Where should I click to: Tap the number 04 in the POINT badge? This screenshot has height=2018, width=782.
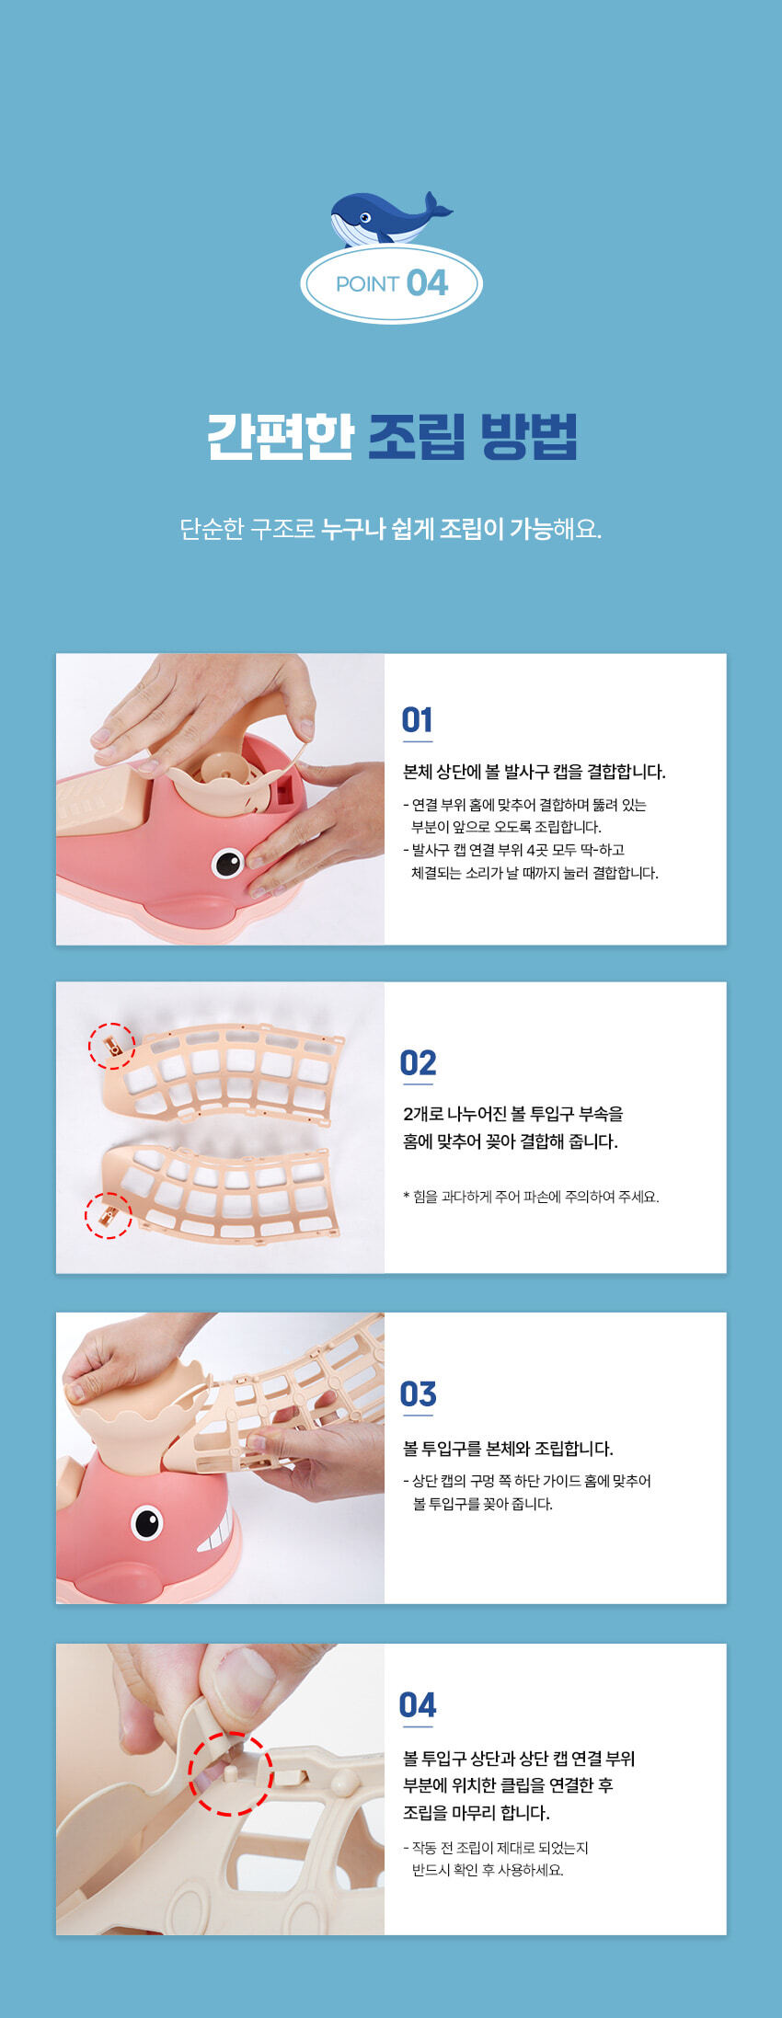click(x=427, y=282)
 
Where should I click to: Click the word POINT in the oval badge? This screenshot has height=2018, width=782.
click(x=367, y=283)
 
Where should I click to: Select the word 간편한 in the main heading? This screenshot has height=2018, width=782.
click(x=281, y=436)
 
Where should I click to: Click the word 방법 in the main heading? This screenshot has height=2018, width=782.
click(x=528, y=436)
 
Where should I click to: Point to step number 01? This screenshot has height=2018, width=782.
click(x=417, y=719)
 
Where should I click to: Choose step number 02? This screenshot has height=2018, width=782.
click(x=418, y=1063)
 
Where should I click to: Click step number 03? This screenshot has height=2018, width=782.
click(x=418, y=1394)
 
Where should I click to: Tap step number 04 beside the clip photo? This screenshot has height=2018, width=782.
click(x=418, y=1705)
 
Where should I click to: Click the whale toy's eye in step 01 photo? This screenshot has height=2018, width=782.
click(x=227, y=863)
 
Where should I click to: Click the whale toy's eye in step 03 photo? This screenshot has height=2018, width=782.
click(x=146, y=1522)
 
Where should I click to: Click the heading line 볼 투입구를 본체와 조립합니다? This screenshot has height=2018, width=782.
click(x=508, y=1449)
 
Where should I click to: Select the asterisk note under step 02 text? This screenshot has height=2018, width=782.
click(x=531, y=1197)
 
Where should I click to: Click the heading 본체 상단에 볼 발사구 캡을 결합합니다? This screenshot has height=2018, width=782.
click(x=535, y=772)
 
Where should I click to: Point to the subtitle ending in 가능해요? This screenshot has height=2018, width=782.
click(x=391, y=529)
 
